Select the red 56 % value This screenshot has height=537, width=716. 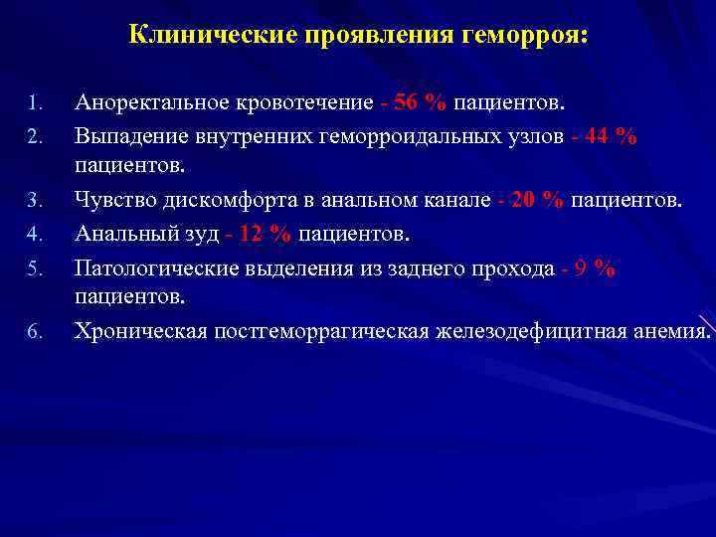[x=421, y=102]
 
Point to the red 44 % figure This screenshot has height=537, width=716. [x=610, y=136]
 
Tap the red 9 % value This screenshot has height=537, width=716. [x=595, y=268]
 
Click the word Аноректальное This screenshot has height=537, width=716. [x=152, y=102]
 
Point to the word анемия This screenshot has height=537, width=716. [x=674, y=331]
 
